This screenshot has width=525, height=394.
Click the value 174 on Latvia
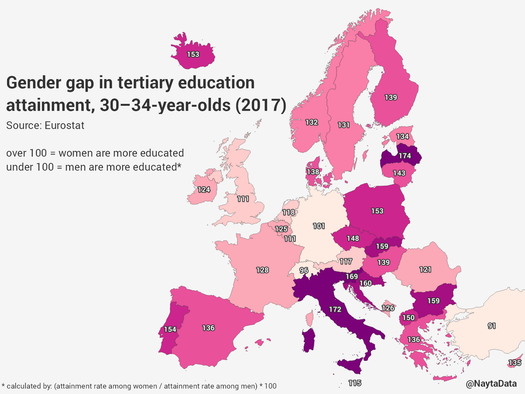405,156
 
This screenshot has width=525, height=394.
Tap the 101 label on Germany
319,226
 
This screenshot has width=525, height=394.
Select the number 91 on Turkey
492,326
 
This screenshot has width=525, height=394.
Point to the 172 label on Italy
335,309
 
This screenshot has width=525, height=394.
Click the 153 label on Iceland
193,54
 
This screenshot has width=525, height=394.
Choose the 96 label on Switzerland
304,271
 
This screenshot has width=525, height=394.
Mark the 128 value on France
262,270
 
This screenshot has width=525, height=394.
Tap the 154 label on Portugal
170,329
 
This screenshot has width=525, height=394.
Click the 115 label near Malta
354,383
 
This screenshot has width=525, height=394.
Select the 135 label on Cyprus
514,363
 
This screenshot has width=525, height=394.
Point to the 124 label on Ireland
204,189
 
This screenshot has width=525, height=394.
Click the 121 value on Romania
425,269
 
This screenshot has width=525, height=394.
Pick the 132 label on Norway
312,122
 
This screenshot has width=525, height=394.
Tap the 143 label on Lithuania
399,173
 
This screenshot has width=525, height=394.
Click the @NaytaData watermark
491,383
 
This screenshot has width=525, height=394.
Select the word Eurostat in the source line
64,125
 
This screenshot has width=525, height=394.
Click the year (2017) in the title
261,105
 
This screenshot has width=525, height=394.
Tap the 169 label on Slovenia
352,277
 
